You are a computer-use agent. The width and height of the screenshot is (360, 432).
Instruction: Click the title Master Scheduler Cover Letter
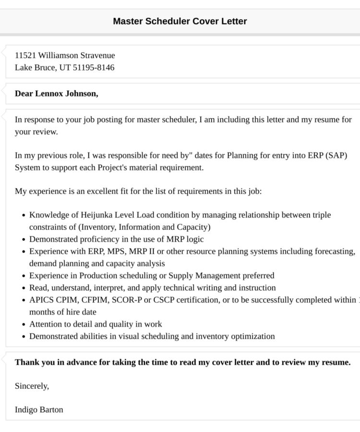click(x=180, y=21)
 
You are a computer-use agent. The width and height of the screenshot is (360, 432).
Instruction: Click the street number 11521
click(x=25, y=55)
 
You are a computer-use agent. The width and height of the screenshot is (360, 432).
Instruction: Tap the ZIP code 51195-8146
click(x=94, y=67)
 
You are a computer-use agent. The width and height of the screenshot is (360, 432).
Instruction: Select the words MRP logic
click(x=187, y=239)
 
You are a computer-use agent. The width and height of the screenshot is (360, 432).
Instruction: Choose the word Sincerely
click(x=32, y=386)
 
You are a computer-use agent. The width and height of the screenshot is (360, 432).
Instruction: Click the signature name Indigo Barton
click(x=39, y=410)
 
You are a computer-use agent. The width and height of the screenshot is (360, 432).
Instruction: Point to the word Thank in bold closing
click(x=26, y=362)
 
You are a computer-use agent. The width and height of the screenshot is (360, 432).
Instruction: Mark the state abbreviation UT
click(x=64, y=67)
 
